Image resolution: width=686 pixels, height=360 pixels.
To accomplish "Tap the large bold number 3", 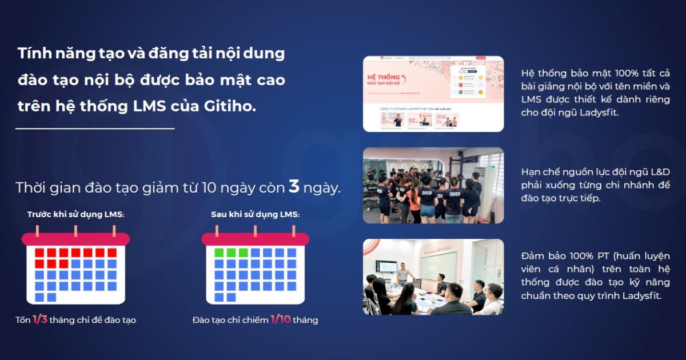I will click(x=294, y=186).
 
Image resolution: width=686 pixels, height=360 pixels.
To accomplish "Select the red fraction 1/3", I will click(x=39, y=319).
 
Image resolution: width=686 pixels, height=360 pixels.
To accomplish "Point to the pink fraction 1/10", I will click(x=280, y=319).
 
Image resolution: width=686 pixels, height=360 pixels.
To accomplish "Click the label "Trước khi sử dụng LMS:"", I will click(x=76, y=214).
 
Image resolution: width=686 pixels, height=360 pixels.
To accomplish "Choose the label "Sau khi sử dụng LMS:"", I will click(x=255, y=214).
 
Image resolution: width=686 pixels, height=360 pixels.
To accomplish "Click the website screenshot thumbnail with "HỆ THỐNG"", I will click(x=433, y=94).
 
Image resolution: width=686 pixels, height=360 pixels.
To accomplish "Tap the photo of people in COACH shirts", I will click(x=433, y=185).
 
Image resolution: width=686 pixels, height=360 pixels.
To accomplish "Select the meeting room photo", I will click(x=433, y=277).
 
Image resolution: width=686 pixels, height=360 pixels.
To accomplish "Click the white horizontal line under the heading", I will click(x=95, y=129).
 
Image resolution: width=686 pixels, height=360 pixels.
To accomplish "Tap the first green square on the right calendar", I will click(x=219, y=252).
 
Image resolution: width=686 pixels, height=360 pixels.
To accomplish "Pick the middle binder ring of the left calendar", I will click(x=75, y=231).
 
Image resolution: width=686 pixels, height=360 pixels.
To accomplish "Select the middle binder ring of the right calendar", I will click(x=255, y=231).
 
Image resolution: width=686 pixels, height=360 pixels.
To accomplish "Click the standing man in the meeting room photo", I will click(x=404, y=273).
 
